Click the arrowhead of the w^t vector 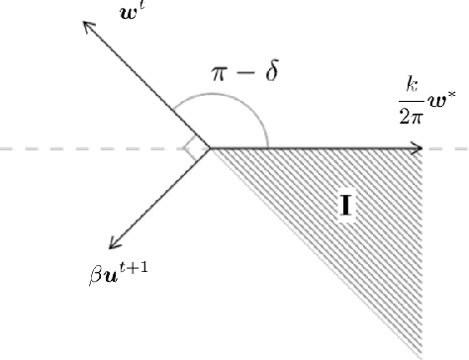(85, 26)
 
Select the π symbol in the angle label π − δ (222, 74)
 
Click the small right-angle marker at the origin (195, 148)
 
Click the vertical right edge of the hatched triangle (422, 247)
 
